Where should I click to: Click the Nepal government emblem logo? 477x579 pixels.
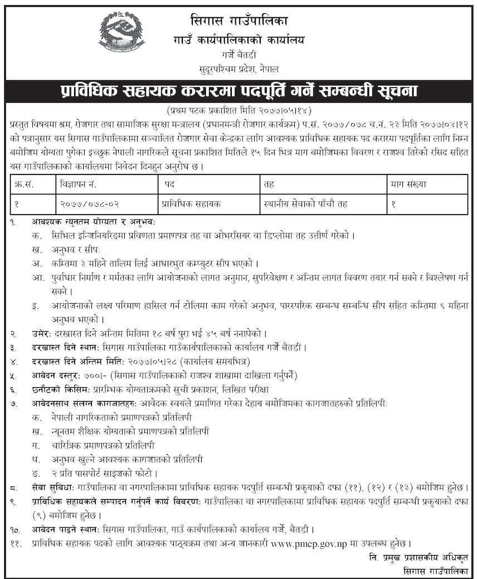(121, 32)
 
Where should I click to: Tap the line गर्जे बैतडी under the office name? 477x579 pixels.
(238, 56)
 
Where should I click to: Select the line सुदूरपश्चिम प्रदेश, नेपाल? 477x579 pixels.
(238, 69)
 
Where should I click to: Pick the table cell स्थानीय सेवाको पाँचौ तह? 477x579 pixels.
(305, 204)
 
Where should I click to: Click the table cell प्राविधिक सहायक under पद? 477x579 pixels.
(190, 204)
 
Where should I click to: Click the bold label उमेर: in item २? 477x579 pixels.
(42, 334)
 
